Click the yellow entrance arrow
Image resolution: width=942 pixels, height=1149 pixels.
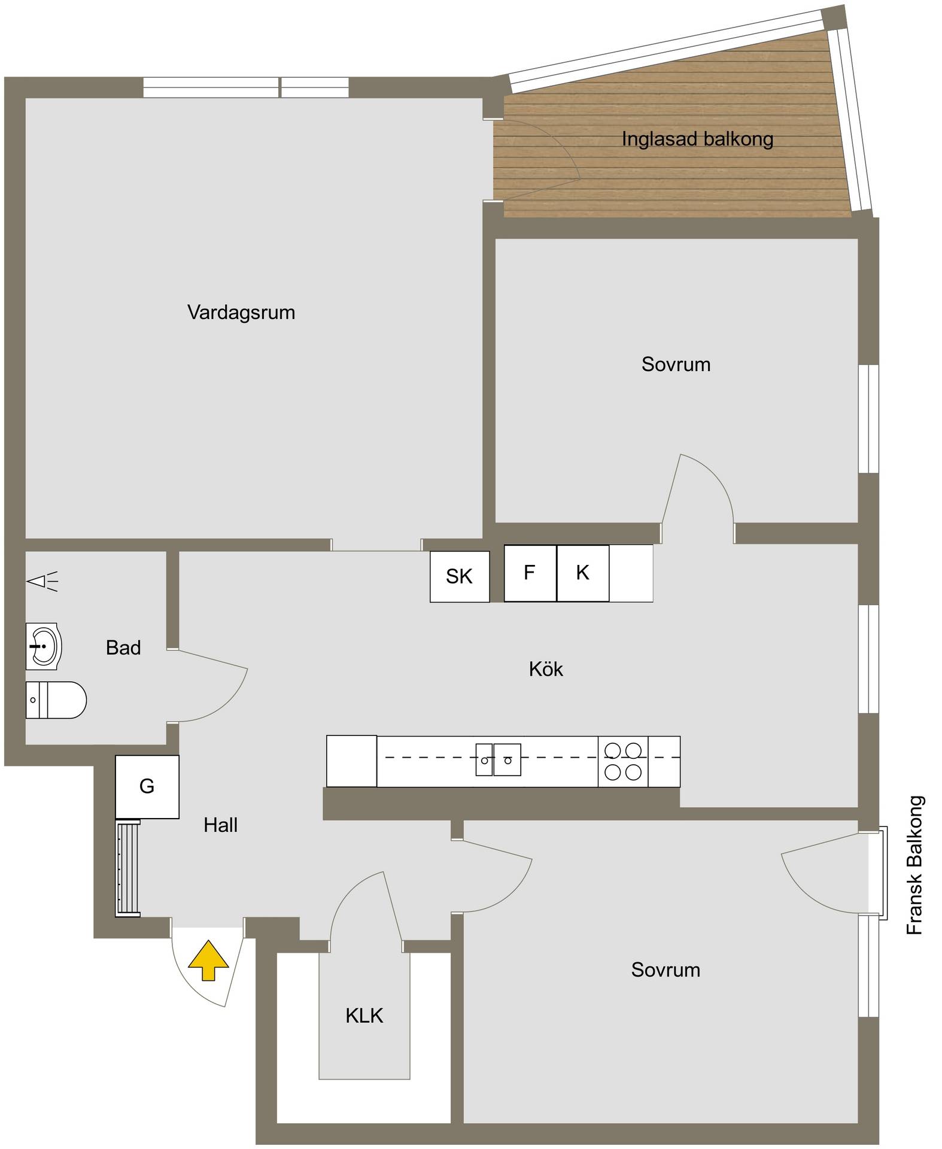tap(208, 960)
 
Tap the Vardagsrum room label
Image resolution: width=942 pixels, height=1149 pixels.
tap(241, 312)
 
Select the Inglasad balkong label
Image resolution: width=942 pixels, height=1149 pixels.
tap(697, 139)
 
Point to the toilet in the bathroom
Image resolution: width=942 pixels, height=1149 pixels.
tap(56, 700)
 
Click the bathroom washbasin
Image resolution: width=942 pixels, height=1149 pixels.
tap(44, 646)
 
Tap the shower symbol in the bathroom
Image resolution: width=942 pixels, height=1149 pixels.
tap(43, 581)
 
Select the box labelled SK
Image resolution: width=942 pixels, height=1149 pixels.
tap(460, 576)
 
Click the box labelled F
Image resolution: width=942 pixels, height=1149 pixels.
tap(530, 573)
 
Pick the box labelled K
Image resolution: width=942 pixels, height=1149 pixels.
tap(583, 573)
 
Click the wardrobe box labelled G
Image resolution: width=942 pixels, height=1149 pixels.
tap(147, 786)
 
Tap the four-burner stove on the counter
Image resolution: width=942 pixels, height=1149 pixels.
tap(623, 761)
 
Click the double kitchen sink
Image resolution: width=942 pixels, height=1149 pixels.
tap(498, 759)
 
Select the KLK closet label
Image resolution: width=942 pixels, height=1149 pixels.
tap(364, 1016)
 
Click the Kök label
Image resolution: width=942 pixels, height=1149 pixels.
tap(546, 669)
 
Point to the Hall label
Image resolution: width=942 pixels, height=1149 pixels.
tap(220, 825)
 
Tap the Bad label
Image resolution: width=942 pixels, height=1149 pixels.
tap(123, 648)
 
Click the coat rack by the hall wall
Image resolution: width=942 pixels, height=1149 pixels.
tap(127, 868)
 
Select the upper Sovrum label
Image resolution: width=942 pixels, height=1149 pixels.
tap(676, 364)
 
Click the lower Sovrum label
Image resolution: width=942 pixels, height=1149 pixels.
tap(666, 970)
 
